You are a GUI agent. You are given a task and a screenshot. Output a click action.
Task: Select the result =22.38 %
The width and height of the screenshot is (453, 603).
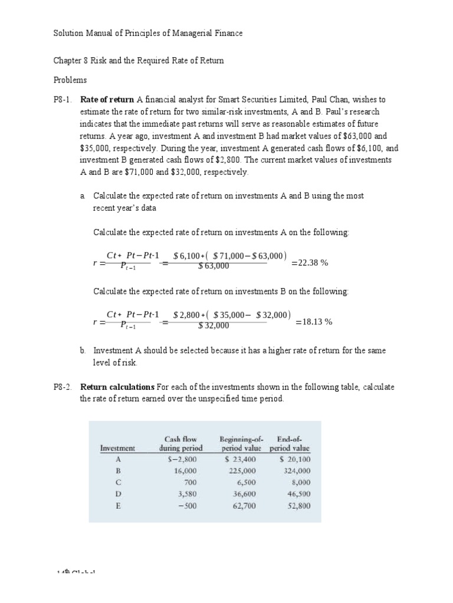coord(310,263)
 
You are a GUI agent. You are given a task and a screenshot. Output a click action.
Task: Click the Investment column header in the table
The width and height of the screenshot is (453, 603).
coord(117,448)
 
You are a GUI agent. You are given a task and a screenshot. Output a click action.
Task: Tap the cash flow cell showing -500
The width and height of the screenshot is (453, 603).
coord(186,505)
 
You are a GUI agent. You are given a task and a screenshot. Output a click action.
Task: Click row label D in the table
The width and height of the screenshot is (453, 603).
coord(118,494)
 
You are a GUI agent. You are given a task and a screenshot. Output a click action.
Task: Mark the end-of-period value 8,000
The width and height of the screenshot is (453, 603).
coord(300,482)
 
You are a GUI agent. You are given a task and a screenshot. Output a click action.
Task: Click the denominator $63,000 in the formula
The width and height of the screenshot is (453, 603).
coord(214,266)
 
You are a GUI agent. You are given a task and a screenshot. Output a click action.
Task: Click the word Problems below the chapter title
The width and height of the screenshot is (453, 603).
coord(70,79)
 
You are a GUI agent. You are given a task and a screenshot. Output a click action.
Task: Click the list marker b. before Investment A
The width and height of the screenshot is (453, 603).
coord(83,350)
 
